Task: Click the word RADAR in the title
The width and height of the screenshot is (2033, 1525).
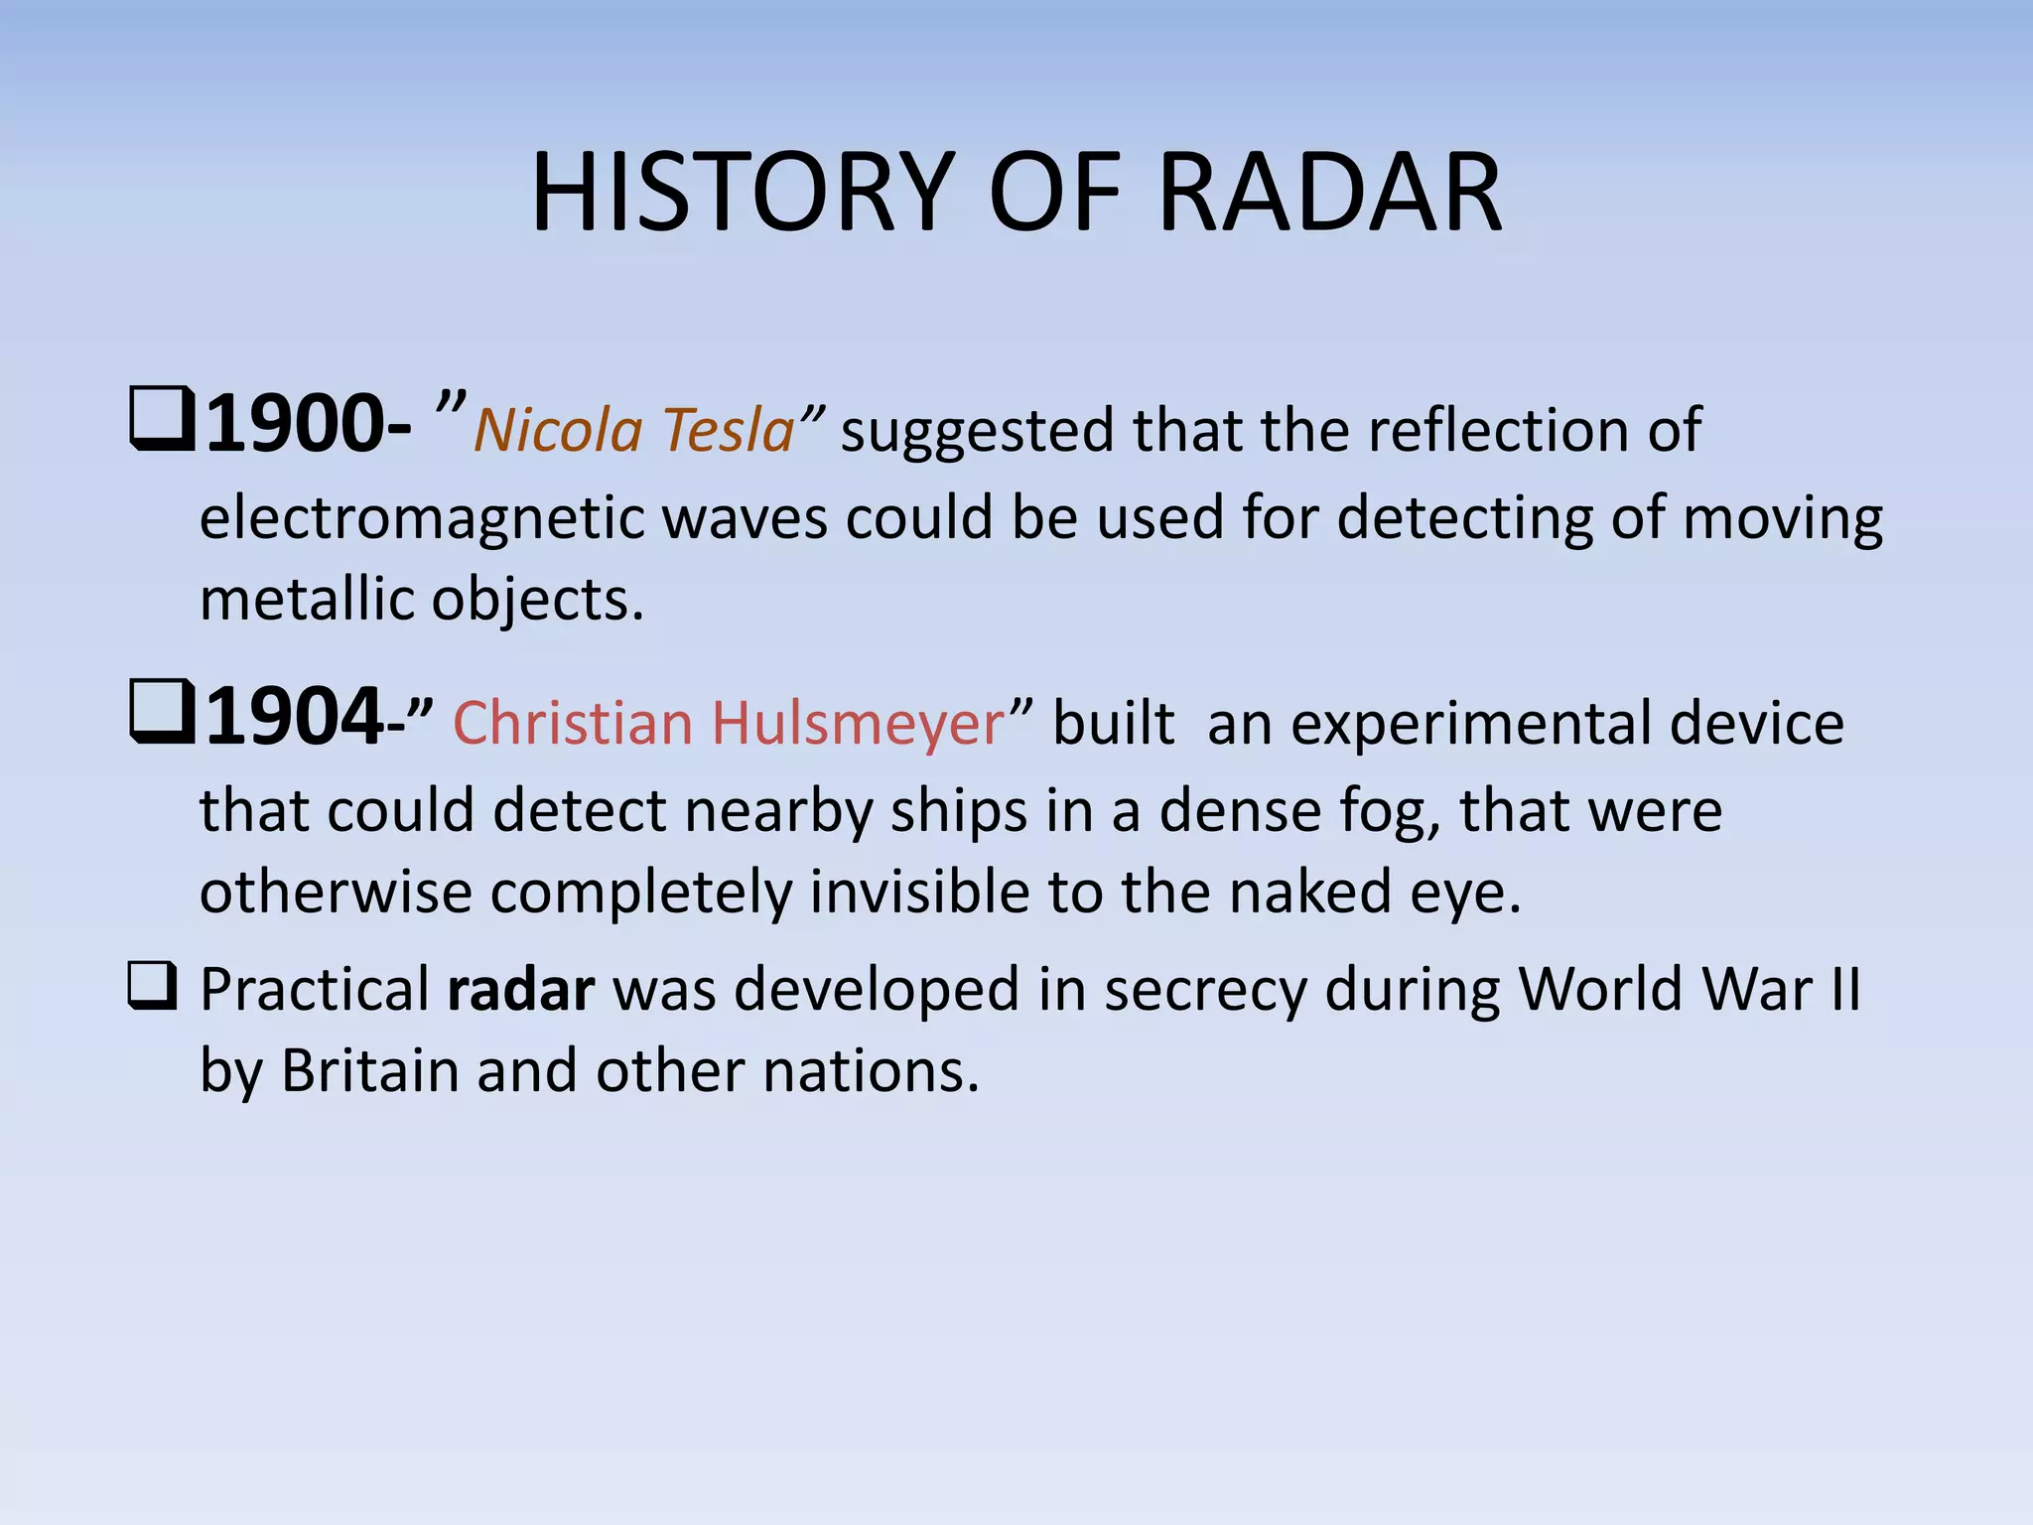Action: (x=1330, y=193)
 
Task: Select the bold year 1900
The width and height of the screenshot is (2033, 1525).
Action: (x=294, y=425)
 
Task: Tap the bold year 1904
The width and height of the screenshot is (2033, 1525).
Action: (x=294, y=718)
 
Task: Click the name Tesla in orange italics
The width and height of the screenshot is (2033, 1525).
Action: (x=728, y=431)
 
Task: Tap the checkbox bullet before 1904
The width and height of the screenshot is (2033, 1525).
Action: (x=161, y=713)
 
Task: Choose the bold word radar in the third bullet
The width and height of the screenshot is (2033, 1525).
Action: (x=521, y=990)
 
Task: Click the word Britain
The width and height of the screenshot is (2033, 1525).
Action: (x=368, y=1071)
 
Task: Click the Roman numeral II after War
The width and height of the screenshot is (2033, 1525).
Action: (x=1845, y=990)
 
